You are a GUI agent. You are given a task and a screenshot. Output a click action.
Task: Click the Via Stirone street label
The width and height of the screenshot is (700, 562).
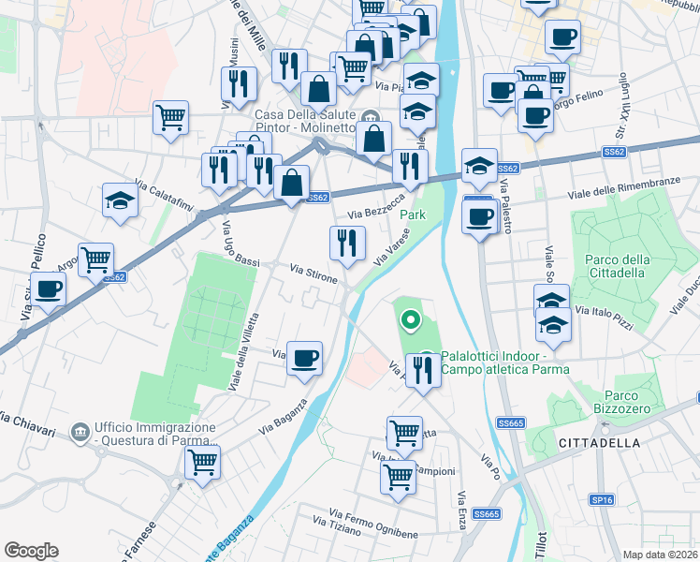click(314, 274)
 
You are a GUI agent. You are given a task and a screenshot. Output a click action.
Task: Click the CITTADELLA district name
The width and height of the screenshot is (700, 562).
click(598, 441)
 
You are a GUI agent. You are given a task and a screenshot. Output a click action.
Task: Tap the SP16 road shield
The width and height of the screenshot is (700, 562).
click(602, 500)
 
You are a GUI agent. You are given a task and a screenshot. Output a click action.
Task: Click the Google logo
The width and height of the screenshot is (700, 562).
click(31, 551)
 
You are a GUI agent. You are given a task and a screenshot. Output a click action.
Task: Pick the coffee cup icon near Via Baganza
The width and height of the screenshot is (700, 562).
click(304, 358)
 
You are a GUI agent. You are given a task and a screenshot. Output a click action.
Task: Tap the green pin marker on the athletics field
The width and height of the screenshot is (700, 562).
click(410, 321)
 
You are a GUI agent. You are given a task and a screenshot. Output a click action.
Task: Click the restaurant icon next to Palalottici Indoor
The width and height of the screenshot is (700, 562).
click(423, 370)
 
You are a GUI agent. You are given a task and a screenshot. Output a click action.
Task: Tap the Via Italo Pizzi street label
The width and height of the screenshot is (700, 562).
click(605, 317)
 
